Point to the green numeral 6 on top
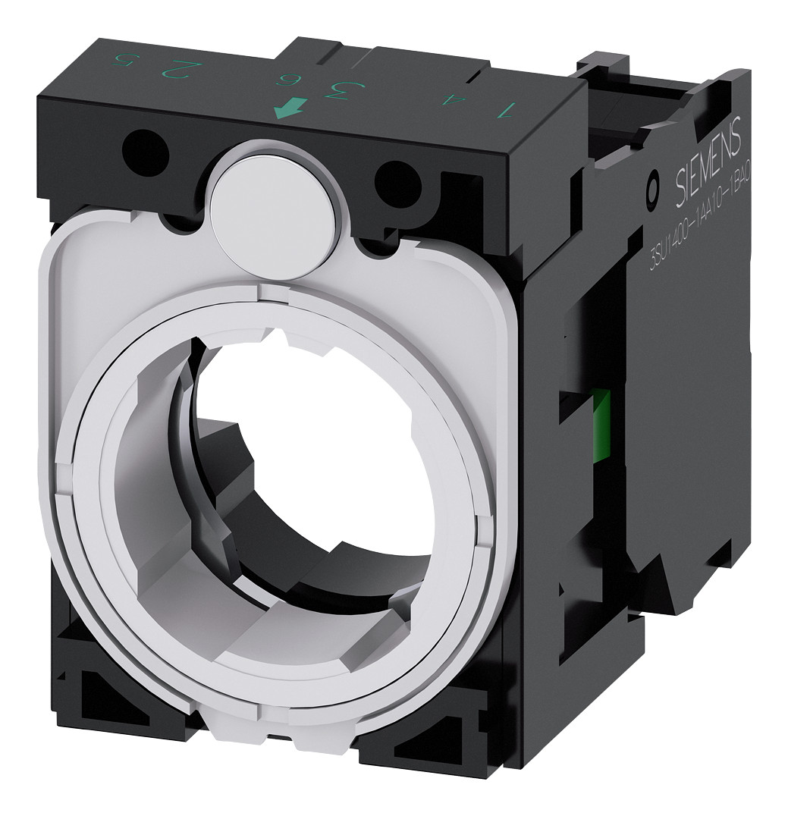pos(286,80)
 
